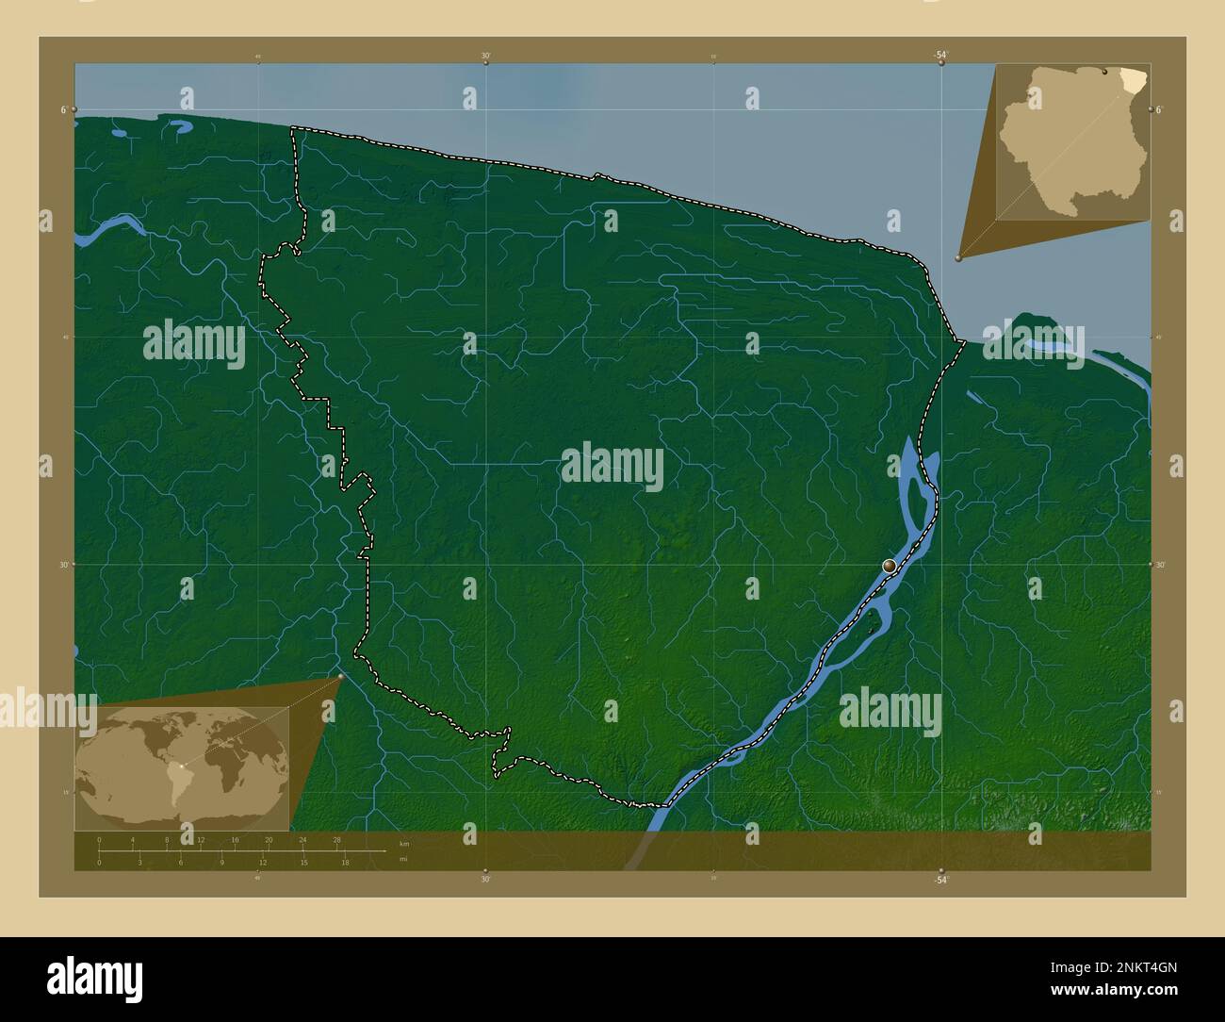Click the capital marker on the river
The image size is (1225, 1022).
890,566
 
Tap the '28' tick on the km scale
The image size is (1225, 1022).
336,839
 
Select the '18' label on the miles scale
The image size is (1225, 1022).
345,862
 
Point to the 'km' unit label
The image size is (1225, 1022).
404,843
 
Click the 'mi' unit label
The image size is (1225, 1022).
403,859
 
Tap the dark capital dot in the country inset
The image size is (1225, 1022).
1104,71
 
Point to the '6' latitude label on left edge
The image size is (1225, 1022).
64,110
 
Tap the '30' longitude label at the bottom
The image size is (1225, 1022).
485,880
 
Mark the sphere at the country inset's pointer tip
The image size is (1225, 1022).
958,257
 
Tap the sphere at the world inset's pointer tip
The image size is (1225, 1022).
340,676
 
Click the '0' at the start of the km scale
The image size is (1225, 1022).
99,839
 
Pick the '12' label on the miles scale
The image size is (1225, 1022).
263,862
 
